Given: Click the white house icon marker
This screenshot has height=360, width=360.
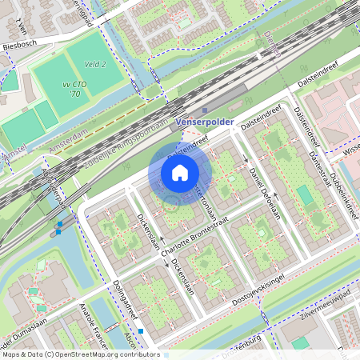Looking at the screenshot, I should click(x=180, y=173).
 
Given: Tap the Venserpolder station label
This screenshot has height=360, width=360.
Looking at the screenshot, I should click(x=204, y=122).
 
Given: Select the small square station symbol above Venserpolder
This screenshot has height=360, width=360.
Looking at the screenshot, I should click(x=205, y=111).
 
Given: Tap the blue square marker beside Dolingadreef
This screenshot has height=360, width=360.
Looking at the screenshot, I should click(x=141, y=330).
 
